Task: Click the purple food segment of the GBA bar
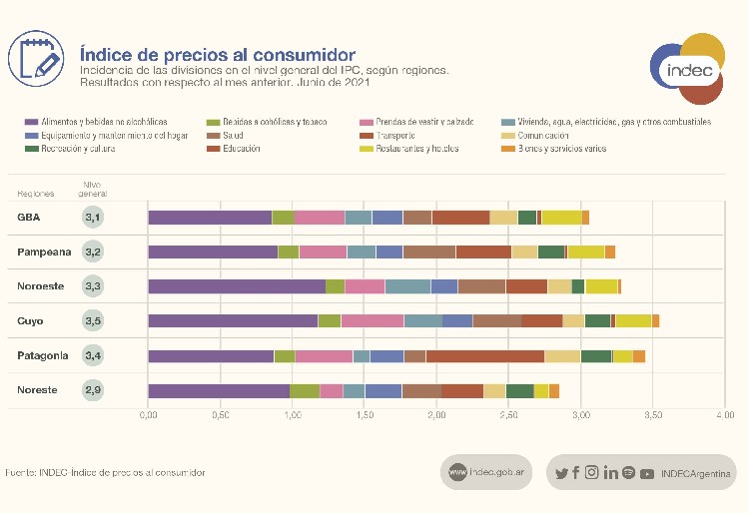[x=210, y=218]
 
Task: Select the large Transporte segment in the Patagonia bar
[x=484, y=356]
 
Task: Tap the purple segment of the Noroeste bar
[x=237, y=286]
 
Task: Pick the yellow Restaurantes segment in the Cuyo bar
[x=633, y=320]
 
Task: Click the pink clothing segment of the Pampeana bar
[x=323, y=252]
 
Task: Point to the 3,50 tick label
[x=653, y=414]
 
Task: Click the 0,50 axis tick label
[x=220, y=414]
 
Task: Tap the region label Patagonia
[x=43, y=355]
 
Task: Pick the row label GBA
[x=28, y=218]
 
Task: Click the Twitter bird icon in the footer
[x=561, y=473]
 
